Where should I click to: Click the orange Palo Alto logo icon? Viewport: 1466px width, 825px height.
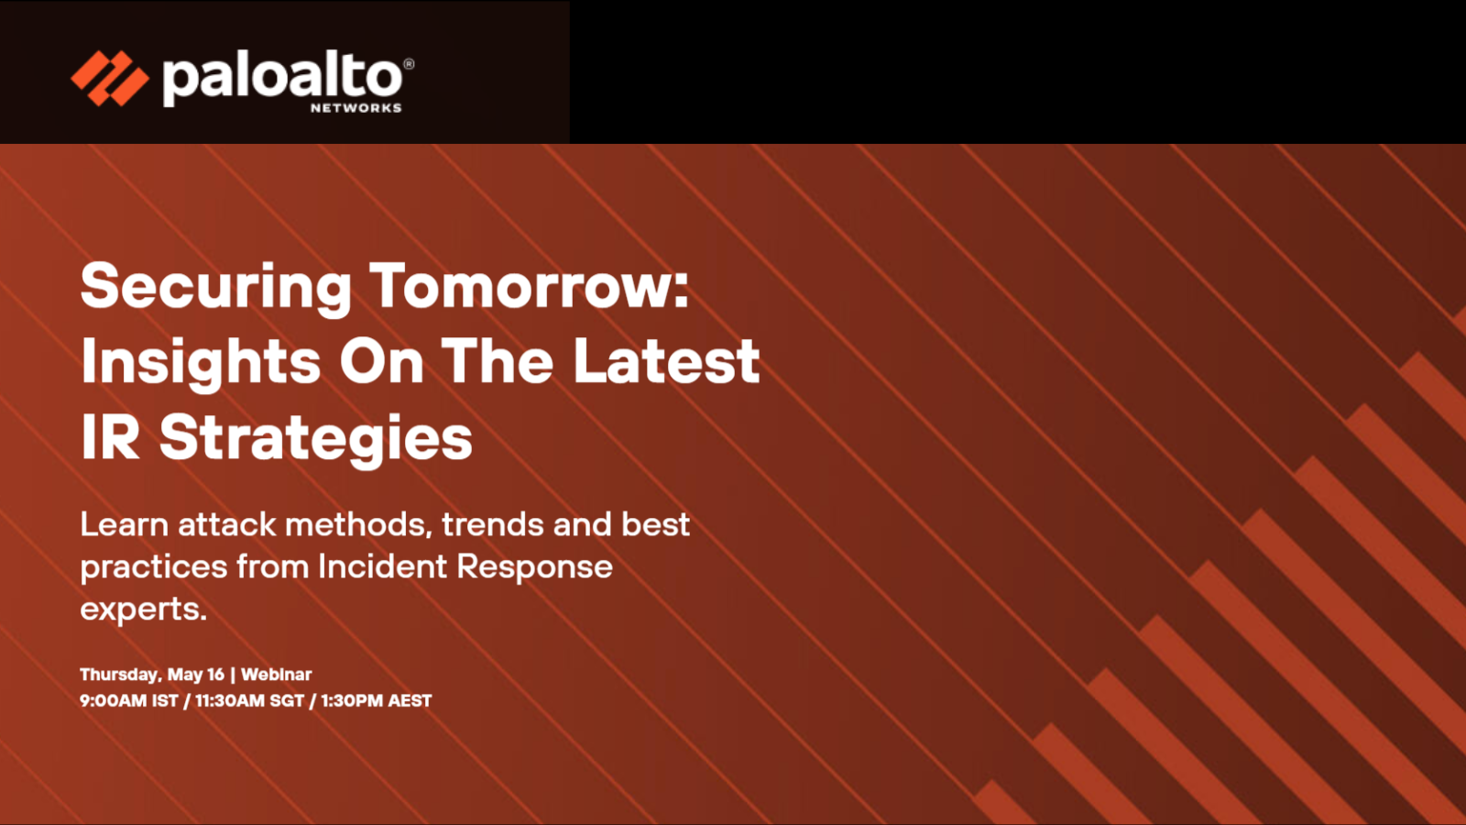coord(110,79)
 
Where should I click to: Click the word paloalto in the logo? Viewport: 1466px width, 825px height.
coord(282,81)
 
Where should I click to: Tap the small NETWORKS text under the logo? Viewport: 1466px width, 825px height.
coord(356,108)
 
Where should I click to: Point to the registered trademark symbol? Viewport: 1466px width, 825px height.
coord(409,64)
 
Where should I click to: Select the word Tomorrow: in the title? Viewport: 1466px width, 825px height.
coord(530,285)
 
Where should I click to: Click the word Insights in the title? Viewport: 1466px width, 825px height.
coord(201,362)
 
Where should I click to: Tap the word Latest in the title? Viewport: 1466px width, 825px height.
coord(667,361)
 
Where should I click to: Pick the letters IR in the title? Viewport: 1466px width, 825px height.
coord(111,436)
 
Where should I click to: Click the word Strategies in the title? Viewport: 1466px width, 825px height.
coord(316,439)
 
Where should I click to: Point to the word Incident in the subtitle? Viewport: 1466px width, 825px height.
coord(383,566)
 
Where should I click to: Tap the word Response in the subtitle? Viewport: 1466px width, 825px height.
coord(535,568)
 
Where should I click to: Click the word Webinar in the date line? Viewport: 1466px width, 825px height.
coord(276,675)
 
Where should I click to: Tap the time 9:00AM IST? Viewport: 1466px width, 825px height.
coord(129,700)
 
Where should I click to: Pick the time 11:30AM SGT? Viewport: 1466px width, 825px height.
coord(249,700)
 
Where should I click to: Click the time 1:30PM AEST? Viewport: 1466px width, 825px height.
coord(377,700)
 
